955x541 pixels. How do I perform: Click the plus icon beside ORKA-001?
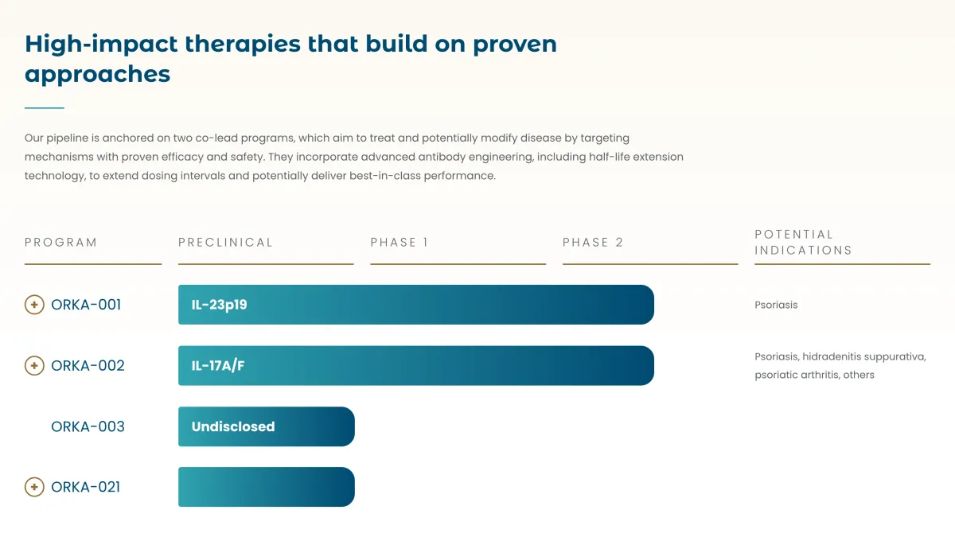coord(34,305)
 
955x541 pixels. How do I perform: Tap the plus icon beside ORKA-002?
coord(34,366)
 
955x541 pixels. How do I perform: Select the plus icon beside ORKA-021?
coord(34,487)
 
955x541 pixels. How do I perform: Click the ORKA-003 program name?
coord(88,426)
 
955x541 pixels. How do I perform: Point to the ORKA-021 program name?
coord(85,487)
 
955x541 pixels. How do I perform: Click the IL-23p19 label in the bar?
coord(220,305)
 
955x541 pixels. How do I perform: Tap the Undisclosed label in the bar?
coord(233,426)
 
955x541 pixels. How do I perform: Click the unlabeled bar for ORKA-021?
coord(267,487)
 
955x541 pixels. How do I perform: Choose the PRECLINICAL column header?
coord(225,243)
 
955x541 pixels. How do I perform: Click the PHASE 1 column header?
coord(400,243)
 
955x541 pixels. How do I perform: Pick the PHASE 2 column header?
coord(593,243)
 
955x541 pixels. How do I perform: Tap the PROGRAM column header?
coord(60,243)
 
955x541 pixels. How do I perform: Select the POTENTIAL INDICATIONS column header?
coord(803,242)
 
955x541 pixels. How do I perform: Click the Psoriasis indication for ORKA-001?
coord(776,305)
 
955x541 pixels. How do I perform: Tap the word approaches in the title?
coord(98,74)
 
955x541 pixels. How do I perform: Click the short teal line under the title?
coord(45,107)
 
